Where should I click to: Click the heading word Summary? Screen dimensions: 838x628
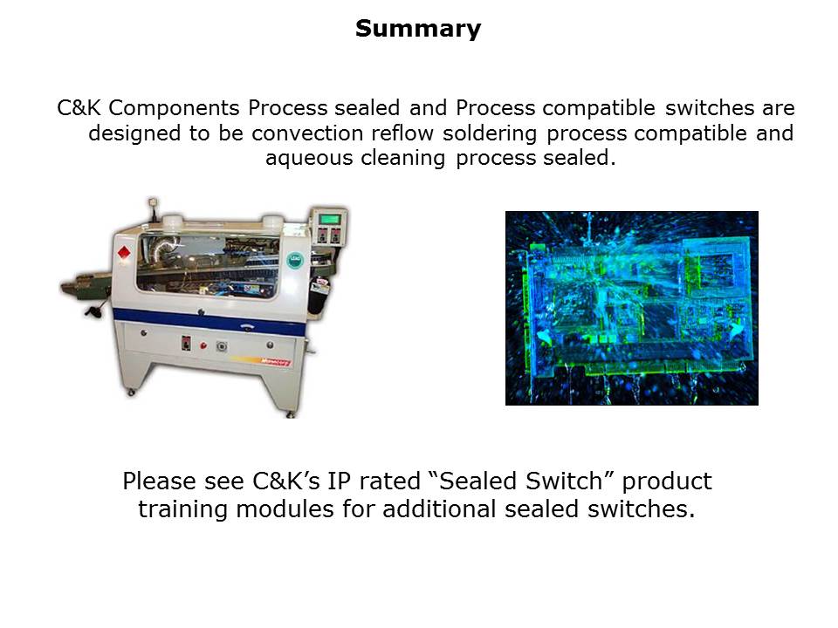[418, 29]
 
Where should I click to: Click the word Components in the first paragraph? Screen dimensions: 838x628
[175, 108]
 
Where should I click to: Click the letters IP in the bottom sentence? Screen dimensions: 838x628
[338, 481]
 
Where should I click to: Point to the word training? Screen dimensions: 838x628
[182, 509]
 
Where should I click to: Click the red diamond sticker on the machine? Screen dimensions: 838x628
[124, 253]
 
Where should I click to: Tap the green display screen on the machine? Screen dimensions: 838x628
[330, 220]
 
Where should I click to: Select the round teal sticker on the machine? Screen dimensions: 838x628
[294, 261]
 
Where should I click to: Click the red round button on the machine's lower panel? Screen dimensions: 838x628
[203, 345]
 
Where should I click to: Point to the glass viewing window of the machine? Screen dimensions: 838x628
[209, 265]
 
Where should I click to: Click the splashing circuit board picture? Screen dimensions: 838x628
[632, 308]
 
